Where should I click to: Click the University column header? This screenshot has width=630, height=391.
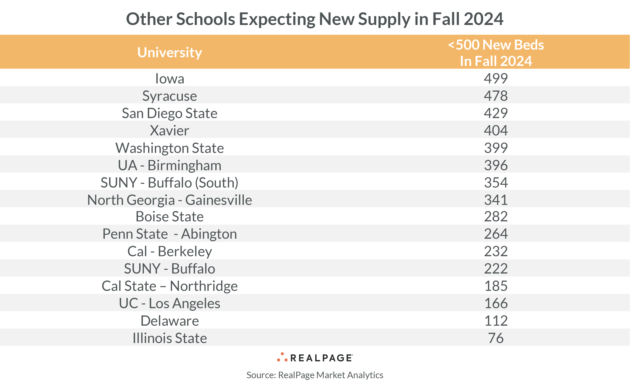170,53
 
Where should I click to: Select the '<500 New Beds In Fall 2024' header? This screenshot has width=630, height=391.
496,53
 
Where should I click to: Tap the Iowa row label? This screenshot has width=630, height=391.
170,79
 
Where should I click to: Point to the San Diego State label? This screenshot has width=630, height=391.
170,113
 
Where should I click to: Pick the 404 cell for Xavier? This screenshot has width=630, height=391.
496,130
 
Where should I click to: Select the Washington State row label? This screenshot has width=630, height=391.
170,148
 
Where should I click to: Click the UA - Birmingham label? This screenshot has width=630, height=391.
170,165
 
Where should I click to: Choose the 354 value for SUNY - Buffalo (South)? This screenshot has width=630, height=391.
496,183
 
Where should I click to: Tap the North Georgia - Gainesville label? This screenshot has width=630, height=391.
170,200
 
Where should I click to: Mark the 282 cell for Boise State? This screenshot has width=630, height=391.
496,216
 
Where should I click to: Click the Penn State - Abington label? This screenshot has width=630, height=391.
170,234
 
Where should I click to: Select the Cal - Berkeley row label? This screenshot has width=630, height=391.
170,251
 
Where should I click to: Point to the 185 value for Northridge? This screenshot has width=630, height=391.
496,286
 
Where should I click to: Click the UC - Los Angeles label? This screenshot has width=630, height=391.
170,303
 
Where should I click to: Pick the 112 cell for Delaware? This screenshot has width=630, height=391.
496,321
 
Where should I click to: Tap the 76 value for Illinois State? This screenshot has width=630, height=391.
496,338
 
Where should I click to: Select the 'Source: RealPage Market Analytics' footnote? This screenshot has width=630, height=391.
315,375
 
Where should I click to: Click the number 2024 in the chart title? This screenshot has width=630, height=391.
483,19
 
